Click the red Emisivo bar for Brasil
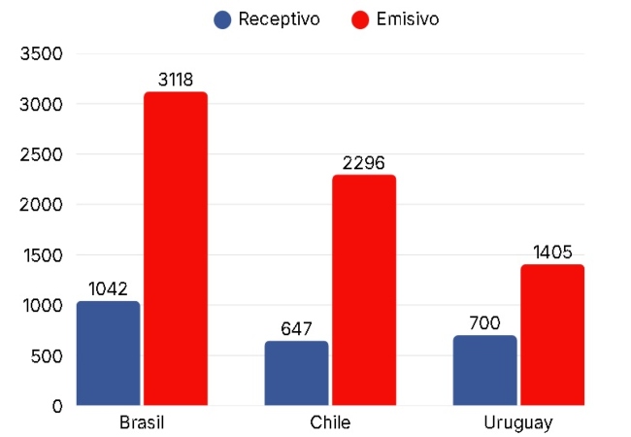click(x=176, y=248)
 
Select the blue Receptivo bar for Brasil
click(x=108, y=353)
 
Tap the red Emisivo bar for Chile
click(x=363, y=289)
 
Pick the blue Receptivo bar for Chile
click(x=296, y=373)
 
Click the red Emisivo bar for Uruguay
click(x=551, y=334)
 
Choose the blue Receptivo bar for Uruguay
click(x=484, y=370)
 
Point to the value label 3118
click(x=176, y=79)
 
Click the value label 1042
click(x=108, y=288)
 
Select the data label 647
click(x=296, y=328)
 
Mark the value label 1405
click(x=551, y=252)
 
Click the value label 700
click(x=484, y=322)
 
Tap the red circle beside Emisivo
click(x=361, y=19)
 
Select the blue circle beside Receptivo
click(x=222, y=19)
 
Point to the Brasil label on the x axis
click(x=142, y=423)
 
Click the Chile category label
click(x=330, y=423)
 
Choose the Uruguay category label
click(x=517, y=423)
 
